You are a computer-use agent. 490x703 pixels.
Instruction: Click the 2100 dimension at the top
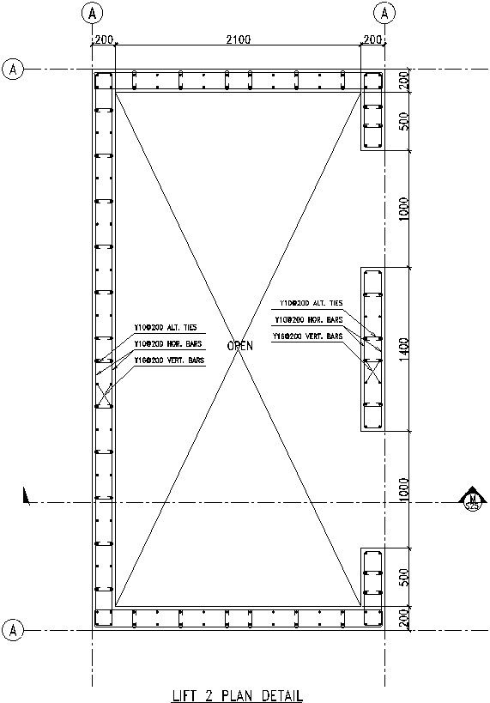pos(238,39)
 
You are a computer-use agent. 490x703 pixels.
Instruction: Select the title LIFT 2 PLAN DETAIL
pos(237,694)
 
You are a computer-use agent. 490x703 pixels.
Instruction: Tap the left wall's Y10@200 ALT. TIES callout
pos(167,327)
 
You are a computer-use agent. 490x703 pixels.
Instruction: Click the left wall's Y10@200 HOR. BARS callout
pos(167,343)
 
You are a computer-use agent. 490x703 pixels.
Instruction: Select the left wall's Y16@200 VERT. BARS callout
pos(169,361)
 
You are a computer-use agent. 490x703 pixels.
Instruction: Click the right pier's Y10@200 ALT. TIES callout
pos(311,303)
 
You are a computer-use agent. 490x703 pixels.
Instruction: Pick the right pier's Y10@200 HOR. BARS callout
pos(309,320)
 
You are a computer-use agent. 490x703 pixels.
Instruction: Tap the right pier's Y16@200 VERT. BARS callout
pos(307,337)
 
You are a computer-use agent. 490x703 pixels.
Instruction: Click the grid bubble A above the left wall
pos(94,13)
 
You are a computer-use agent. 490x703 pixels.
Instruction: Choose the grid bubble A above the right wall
pos(385,13)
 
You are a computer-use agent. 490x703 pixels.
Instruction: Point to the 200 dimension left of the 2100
pos(104,39)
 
